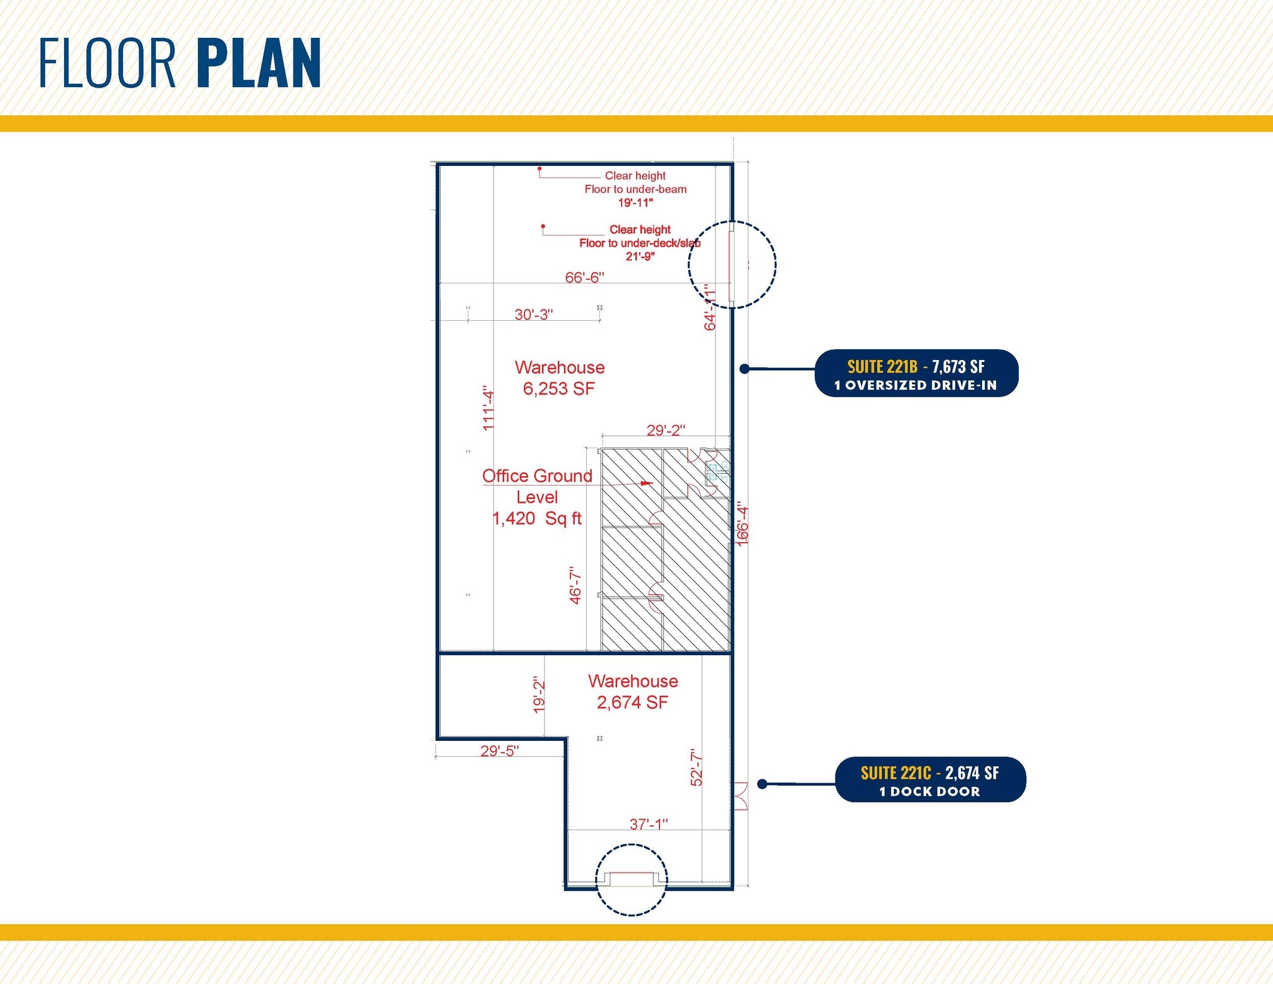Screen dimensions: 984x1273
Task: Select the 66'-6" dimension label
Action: pyautogui.click(x=584, y=277)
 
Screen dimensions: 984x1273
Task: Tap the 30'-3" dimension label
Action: pyautogui.click(x=533, y=315)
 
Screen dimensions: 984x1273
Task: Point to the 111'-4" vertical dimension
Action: pyautogui.click(x=489, y=408)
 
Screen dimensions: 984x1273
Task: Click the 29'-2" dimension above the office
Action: pyautogui.click(x=666, y=430)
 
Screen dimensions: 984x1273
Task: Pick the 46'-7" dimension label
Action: pyautogui.click(x=576, y=585)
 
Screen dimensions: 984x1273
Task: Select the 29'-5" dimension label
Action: pyautogui.click(x=499, y=751)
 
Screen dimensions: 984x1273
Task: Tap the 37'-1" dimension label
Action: pyautogui.click(x=648, y=824)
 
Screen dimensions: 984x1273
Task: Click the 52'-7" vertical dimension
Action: pyautogui.click(x=697, y=768)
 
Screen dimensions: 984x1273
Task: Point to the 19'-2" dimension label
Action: pyautogui.click(x=540, y=695)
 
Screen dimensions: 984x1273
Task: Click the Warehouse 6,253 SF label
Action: pyautogui.click(x=559, y=378)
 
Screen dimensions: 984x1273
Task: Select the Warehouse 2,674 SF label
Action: pyautogui.click(x=633, y=692)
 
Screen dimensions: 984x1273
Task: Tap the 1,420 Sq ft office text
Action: pyautogui.click(x=537, y=518)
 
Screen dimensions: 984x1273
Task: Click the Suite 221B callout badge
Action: pyautogui.click(x=916, y=374)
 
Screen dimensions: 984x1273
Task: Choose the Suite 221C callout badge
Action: pyautogui.click(x=930, y=780)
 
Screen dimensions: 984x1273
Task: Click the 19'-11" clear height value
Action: pyautogui.click(x=635, y=203)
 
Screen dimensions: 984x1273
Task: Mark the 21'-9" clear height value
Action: pyautogui.click(x=640, y=256)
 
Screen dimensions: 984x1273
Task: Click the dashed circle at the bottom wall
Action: pyautogui.click(x=632, y=880)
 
